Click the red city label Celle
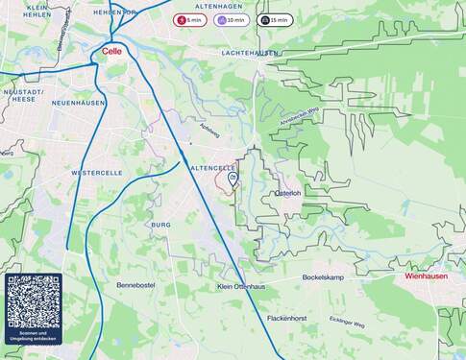point(111,53)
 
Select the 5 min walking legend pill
point(190,19)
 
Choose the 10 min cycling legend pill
point(233,19)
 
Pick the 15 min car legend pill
point(275,19)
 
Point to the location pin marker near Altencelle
point(233,178)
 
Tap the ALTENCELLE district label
point(213,168)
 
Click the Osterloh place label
point(288,193)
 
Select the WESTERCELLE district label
point(96,173)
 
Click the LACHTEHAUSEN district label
point(250,53)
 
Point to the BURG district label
point(159,224)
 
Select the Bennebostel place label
point(136,286)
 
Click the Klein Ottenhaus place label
point(241,287)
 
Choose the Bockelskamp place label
point(323,277)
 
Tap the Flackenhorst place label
point(286,318)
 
